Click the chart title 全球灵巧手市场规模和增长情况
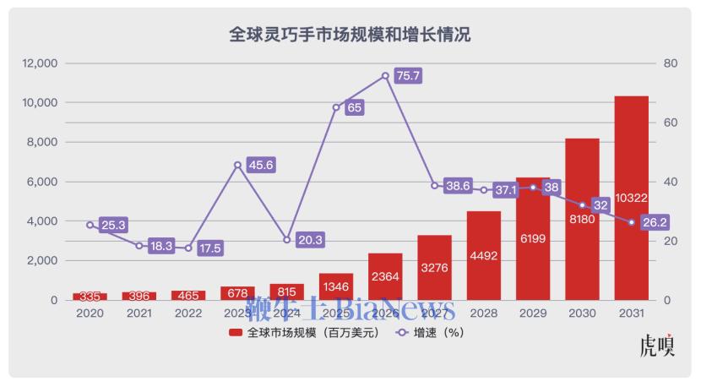pyautogui.click(x=350, y=35)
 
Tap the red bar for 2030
pyautogui.click(x=582, y=253)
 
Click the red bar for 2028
pyautogui.click(x=484, y=270)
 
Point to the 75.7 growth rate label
pyautogui.click(x=409, y=76)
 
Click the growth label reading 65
pyautogui.click(x=355, y=107)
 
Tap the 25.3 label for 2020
pyautogui.click(x=113, y=225)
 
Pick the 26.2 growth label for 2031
pyautogui.click(x=655, y=222)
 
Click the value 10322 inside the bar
pyautogui.click(x=631, y=198)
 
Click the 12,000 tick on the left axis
pyautogui.click(x=40, y=63)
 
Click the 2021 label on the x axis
pyautogui.click(x=139, y=313)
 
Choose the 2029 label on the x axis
pyautogui.click(x=533, y=313)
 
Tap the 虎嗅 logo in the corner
pyautogui.click(x=657, y=346)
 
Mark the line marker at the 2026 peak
pyautogui.click(x=385, y=75)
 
